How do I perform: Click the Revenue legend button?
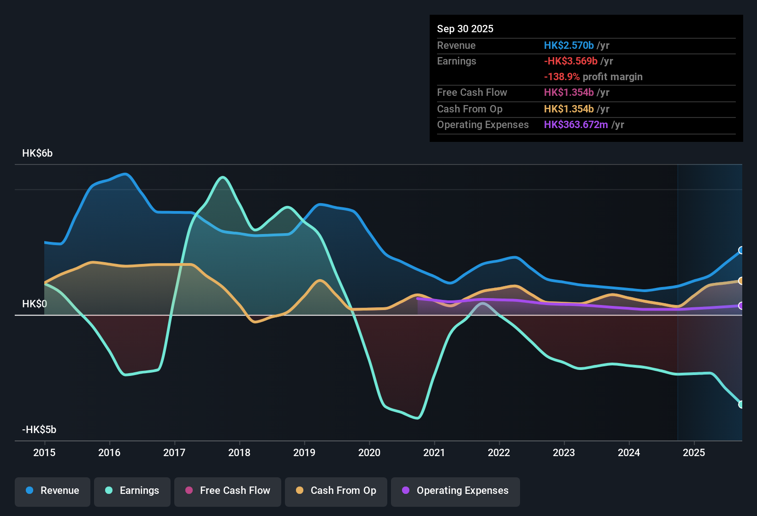click(x=53, y=491)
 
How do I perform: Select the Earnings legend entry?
click(x=132, y=491)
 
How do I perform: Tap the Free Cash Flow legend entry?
click(x=228, y=491)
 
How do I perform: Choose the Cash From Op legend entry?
click(x=336, y=491)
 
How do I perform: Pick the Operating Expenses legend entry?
click(x=455, y=491)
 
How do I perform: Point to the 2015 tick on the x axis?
click(x=44, y=452)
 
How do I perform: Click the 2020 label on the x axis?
click(x=369, y=452)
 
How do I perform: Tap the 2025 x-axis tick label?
click(x=694, y=452)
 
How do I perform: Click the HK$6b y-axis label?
click(x=37, y=153)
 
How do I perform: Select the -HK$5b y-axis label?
click(x=39, y=430)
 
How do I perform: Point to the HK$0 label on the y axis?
click(x=35, y=304)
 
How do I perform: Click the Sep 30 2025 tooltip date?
click(x=465, y=29)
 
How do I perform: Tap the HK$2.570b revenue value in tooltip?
click(x=568, y=46)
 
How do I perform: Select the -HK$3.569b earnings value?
click(x=570, y=61)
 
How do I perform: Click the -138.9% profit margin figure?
click(x=562, y=77)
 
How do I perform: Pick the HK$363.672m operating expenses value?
click(x=576, y=125)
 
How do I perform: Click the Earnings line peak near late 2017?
click(x=223, y=177)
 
